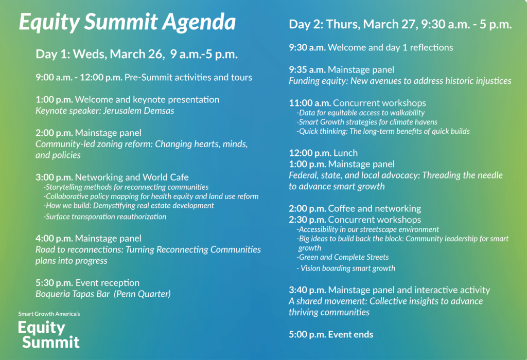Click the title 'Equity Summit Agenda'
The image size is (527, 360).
point(127,23)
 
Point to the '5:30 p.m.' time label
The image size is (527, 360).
point(54,283)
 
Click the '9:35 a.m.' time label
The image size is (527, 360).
point(307,69)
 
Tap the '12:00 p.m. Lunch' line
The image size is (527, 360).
point(323,153)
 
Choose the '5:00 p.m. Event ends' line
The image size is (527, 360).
point(331,334)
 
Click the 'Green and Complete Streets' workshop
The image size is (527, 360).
point(343,257)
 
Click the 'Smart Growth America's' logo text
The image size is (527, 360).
point(49,314)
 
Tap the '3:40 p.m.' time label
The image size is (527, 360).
point(307,290)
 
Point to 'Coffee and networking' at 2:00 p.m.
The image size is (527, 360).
point(375,208)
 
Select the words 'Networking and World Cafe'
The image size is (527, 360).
point(132,177)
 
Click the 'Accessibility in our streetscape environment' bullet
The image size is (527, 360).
point(368,229)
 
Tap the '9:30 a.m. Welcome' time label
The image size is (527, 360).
point(307,47)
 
